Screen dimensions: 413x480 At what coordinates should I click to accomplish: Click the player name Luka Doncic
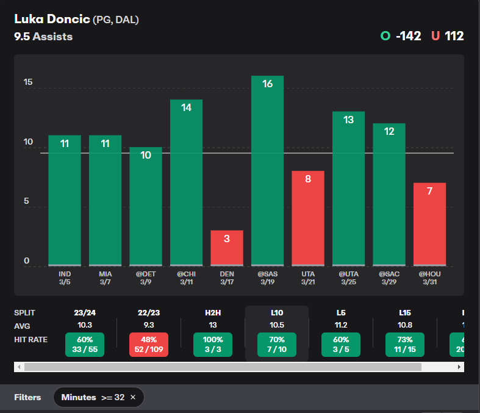[x=52, y=20]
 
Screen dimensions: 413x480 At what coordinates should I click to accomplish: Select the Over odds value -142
[x=408, y=36]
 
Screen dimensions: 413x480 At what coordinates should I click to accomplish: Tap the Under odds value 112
[x=454, y=36]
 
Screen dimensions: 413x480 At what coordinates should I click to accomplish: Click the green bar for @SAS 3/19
[x=267, y=171]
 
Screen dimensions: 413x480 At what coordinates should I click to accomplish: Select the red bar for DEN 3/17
[x=227, y=248]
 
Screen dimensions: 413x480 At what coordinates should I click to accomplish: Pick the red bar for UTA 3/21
[x=308, y=218]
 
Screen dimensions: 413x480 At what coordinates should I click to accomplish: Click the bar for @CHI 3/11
[x=186, y=183]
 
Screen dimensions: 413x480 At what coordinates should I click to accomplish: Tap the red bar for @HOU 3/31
[x=429, y=224]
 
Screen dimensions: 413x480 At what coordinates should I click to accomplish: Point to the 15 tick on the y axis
[x=27, y=83]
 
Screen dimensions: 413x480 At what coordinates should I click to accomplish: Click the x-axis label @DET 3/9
[x=146, y=278]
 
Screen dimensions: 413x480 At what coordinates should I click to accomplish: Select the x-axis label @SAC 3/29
[x=389, y=278]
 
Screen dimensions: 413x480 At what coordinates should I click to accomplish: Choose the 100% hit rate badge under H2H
[x=213, y=345]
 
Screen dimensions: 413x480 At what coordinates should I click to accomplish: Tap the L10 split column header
[x=276, y=313]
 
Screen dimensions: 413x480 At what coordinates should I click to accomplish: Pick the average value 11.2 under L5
[x=340, y=325]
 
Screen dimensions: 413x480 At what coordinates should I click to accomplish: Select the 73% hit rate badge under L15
[x=405, y=345]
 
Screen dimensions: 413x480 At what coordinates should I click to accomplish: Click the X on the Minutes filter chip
[x=133, y=397]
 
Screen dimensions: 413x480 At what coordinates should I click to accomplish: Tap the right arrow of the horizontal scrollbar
[x=459, y=367]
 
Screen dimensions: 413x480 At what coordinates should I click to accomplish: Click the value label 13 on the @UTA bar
[x=348, y=120]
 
